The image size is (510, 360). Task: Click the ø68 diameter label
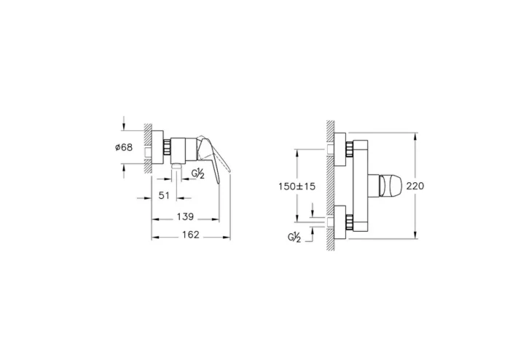tap(124, 147)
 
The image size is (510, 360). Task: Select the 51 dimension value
tap(165, 195)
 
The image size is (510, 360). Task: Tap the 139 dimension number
tap(186, 216)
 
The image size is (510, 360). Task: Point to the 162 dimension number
tap(191, 235)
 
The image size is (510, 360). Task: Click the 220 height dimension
tap(416, 186)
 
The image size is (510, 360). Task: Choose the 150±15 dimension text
tap(297, 186)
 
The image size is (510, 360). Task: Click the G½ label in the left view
tap(197, 173)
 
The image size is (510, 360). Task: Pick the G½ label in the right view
tap(295, 237)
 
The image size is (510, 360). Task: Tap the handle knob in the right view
tap(385, 186)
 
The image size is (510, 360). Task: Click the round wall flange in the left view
tap(157, 146)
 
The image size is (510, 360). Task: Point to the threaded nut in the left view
tap(167, 146)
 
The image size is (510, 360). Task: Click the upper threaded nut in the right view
tap(350, 148)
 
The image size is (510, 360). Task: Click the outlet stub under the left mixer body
tap(176, 168)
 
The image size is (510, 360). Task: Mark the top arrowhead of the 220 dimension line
tap(415, 136)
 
